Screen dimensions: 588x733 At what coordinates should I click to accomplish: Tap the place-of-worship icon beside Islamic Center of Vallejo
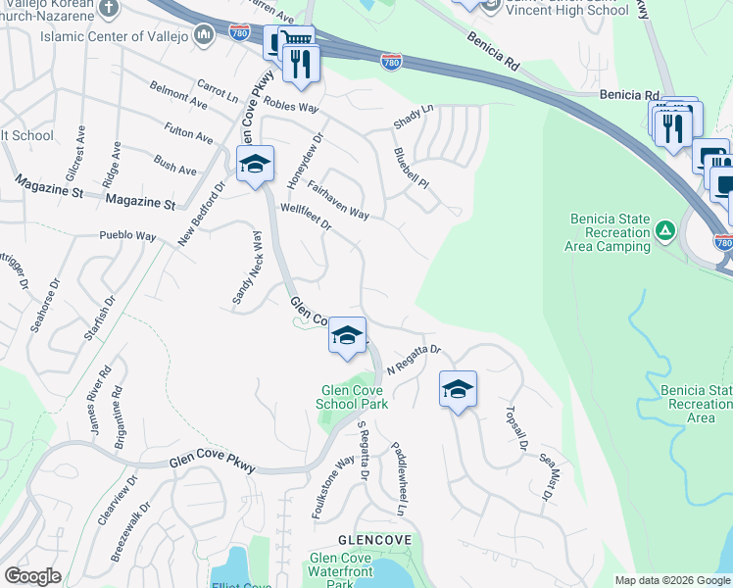(x=204, y=36)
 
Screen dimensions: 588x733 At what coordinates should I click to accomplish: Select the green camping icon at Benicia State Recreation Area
(x=665, y=231)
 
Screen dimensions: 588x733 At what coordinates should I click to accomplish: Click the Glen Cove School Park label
(x=354, y=397)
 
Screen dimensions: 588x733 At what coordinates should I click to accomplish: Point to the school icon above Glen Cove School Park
(x=347, y=336)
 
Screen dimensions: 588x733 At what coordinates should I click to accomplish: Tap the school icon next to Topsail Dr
(x=457, y=389)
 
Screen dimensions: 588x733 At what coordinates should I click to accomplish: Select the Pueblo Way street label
(x=127, y=236)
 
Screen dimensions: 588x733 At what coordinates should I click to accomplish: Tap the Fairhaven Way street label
(x=337, y=200)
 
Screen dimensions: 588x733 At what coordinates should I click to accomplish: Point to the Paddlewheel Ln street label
(x=398, y=478)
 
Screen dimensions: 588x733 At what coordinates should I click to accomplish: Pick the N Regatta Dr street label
(x=415, y=360)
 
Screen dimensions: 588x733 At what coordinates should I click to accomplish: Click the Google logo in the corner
(x=32, y=576)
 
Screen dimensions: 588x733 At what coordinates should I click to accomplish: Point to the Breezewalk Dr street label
(x=129, y=534)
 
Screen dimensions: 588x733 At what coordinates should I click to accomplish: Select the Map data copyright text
(x=672, y=580)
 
